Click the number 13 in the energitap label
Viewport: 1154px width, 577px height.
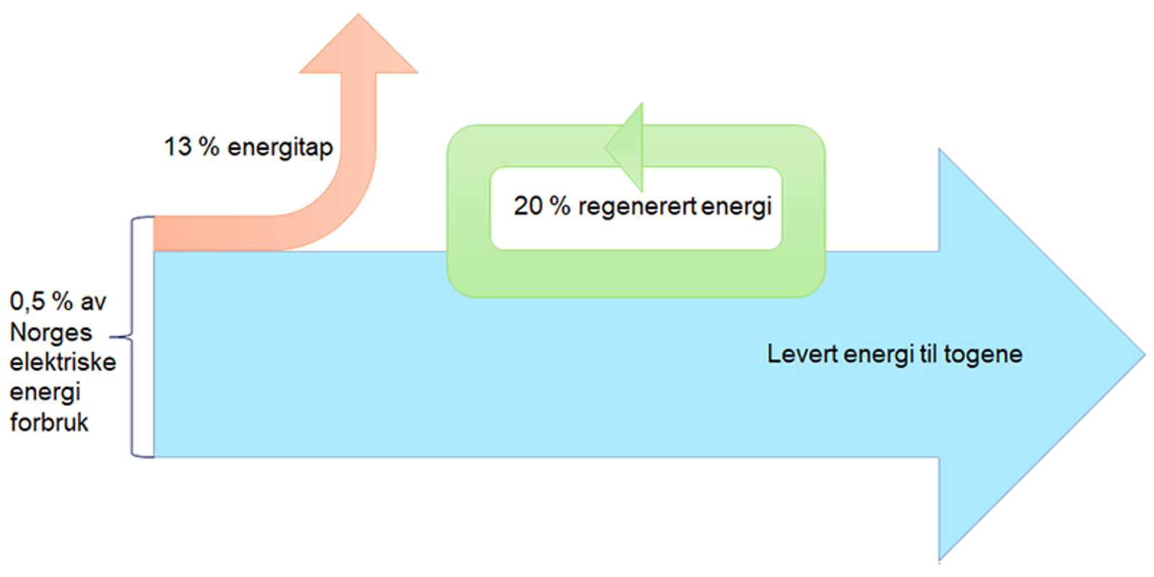coord(177,147)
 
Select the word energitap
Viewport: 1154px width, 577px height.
coord(280,148)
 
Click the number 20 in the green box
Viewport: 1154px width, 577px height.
coord(528,206)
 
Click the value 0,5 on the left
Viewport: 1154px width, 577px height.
coord(27,301)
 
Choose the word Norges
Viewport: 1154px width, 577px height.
coord(50,332)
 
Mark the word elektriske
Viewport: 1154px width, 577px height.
coord(62,361)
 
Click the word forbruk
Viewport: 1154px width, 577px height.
coord(49,422)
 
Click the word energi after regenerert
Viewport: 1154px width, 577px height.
coord(736,207)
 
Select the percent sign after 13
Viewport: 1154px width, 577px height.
coord(209,147)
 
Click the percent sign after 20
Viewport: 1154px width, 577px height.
coord(560,206)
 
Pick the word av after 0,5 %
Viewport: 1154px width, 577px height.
coord(93,301)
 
